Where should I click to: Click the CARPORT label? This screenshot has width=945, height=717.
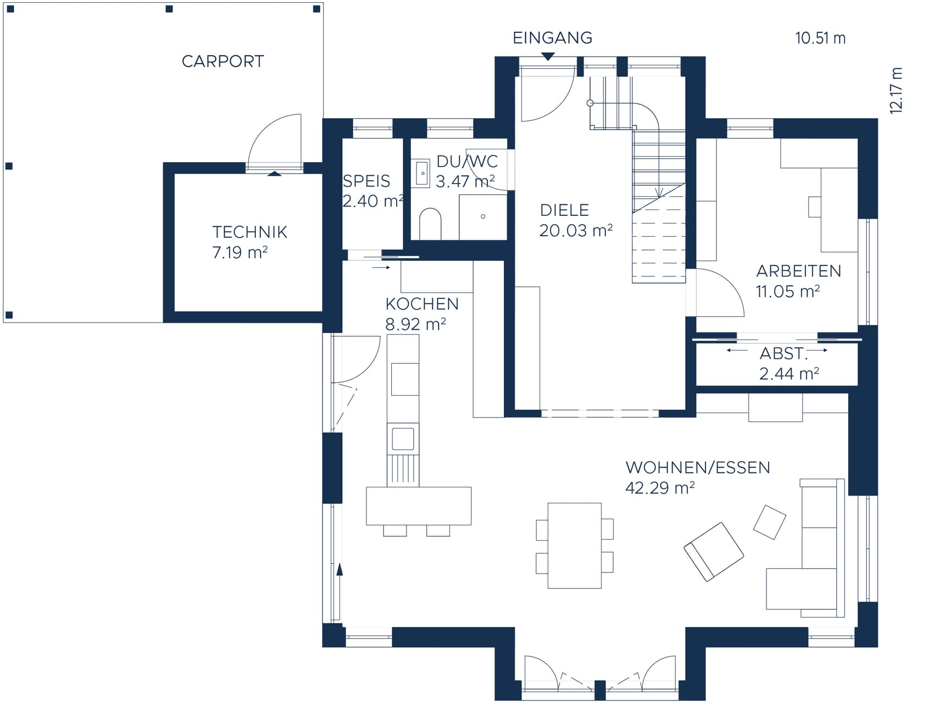[x=223, y=61]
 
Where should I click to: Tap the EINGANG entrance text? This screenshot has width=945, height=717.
[x=552, y=38]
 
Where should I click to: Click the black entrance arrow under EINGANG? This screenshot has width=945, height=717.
[x=548, y=56]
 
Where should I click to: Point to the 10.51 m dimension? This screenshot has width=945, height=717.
[x=820, y=38]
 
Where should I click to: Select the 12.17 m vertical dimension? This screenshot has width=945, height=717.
[x=896, y=91]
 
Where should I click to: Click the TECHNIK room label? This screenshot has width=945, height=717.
[x=249, y=232]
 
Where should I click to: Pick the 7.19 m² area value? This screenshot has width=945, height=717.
[x=240, y=252]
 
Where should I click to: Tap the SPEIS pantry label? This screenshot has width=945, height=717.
[x=366, y=181]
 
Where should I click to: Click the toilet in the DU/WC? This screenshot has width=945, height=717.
[x=430, y=224]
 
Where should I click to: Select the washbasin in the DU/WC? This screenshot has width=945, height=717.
[x=422, y=174]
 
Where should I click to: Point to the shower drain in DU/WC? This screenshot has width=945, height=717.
[x=483, y=216]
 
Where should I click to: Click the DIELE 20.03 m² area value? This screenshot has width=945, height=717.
[x=576, y=230]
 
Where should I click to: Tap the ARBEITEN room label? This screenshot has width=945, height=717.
[x=798, y=271]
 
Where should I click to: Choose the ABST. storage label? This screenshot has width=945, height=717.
[x=783, y=353]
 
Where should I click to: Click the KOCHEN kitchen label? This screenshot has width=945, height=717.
[x=422, y=304]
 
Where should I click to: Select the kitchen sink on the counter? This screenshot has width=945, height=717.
[x=403, y=439]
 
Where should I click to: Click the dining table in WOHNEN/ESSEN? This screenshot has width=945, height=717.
[x=575, y=546]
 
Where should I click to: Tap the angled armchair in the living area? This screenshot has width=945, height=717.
[x=714, y=552]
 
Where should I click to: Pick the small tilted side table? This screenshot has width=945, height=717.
[x=769, y=522]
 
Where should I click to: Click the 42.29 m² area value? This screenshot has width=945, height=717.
[x=660, y=487]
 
